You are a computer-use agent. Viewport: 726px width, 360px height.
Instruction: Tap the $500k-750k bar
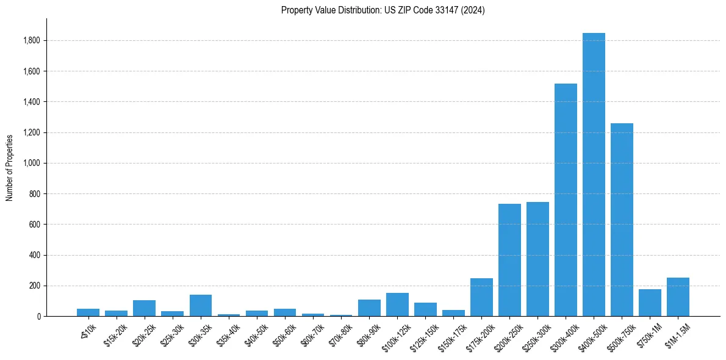622,220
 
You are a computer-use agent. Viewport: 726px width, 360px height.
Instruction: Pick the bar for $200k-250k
509,260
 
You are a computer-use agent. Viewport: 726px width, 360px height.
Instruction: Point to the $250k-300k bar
537,259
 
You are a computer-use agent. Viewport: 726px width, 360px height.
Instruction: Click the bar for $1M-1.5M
678,297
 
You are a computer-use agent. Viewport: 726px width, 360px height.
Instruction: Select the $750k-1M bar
650,303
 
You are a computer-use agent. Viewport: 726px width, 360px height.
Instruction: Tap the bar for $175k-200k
481,297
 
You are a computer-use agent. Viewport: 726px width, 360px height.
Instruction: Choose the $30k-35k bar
201,306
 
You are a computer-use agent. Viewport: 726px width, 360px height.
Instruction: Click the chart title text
383,10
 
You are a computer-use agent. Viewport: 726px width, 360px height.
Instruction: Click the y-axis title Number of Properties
10,167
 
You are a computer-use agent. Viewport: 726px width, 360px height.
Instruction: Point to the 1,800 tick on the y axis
32,40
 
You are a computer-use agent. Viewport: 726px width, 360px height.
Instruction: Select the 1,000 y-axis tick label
32,163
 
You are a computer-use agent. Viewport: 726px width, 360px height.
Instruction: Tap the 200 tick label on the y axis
35,286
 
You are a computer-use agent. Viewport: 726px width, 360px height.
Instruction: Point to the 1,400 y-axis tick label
32,102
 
